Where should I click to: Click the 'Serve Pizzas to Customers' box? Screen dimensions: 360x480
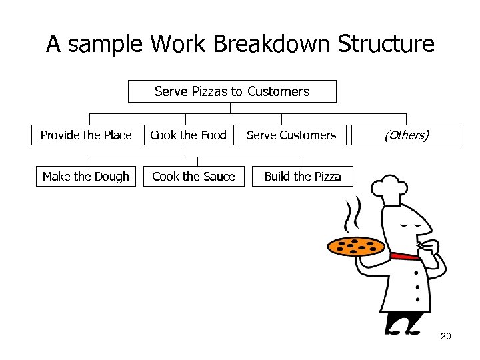(x=232, y=91)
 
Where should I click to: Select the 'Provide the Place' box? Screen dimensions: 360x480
(x=86, y=135)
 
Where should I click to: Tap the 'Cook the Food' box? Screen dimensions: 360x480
(x=188, y=135)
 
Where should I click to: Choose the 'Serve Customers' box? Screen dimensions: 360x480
(x=291, y=135)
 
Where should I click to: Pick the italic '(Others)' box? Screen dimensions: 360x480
(x=405, y=135)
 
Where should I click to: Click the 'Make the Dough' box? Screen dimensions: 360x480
(x=86, y=177)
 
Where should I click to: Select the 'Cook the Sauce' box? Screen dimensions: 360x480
(x=194, y=177)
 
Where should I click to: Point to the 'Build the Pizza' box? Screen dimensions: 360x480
(x=302, y=177)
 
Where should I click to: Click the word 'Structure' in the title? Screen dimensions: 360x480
(x=386, y=44)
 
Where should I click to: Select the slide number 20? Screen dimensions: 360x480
(x=445, y=336)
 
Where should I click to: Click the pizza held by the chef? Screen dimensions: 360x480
(x=356, y=246)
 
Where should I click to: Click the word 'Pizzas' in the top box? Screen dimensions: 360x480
(x=210, y=91)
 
